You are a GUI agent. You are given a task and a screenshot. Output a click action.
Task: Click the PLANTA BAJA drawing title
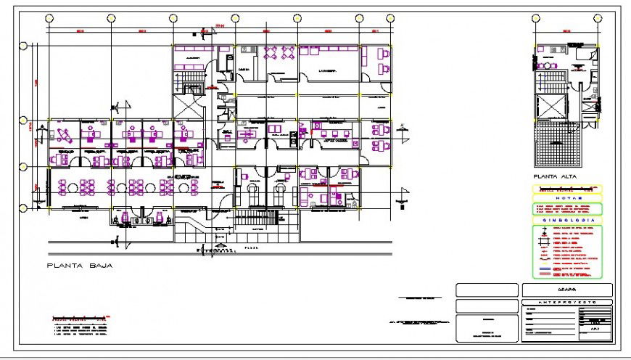[x=79, y=266]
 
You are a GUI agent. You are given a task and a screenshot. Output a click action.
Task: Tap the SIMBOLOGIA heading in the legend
[x=568, y=220]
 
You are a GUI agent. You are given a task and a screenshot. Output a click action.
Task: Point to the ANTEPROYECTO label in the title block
[x=566, y=301]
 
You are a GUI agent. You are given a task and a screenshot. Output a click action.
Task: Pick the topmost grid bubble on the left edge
[x=23, y=46]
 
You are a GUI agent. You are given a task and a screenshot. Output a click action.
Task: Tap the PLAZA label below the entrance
[x=250, y=247]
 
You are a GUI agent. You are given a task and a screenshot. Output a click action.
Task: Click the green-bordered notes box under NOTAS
[x=568, y=208]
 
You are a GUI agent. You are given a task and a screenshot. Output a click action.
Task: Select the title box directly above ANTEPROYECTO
[x=566, y=290]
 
